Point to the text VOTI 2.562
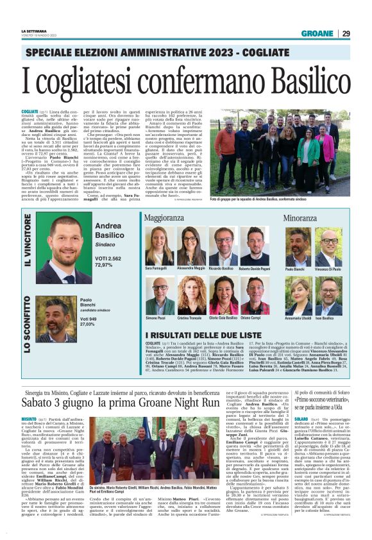point(108,258)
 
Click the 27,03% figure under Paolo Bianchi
point(87,324)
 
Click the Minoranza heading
point(300,219)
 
